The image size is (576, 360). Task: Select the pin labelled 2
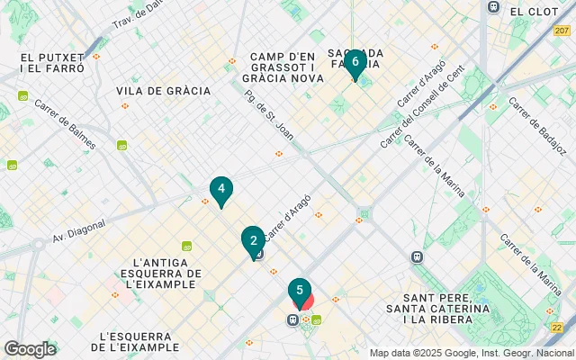[x=253, y=239]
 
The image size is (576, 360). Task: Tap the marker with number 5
[x=300, y=290]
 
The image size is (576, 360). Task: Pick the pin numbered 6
[x=355, y=62]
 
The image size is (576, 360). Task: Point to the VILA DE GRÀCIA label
[x=163, y=91]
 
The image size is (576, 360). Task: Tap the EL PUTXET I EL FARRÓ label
[x=52, y=63]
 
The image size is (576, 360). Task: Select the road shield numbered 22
[x=558, y=328]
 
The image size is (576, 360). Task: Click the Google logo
[x=30, y=349]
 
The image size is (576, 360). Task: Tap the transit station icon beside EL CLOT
[x=493, y=7]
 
